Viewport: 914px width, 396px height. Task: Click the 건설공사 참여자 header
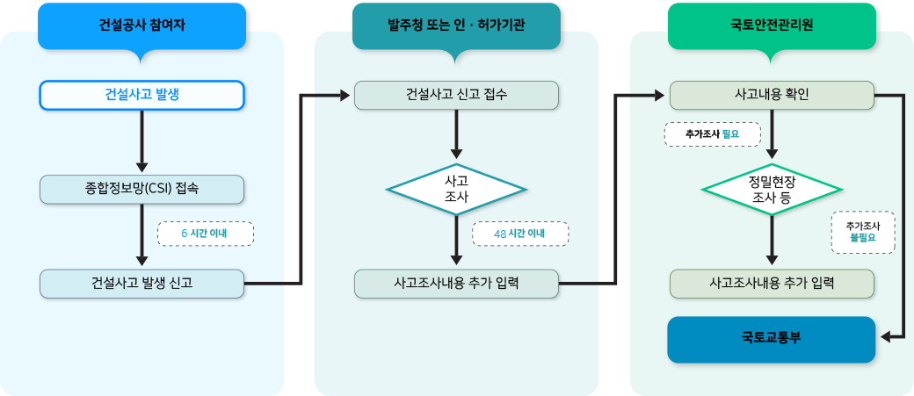(x=141, y=25)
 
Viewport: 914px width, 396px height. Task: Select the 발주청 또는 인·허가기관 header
(x=456, y=25)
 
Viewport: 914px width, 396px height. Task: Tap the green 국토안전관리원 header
(x=772, y=25)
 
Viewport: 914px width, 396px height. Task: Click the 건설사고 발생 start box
(x=141, y=95)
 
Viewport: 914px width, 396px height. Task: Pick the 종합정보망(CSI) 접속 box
(x=141, y=190)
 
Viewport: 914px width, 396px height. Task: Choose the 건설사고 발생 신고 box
(x=141, y=284)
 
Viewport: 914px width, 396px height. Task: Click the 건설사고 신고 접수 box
(x=456, y=95)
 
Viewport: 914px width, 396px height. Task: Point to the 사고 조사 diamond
(x=456, y=190)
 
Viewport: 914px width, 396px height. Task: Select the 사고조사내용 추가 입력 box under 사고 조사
(x=456, y=284)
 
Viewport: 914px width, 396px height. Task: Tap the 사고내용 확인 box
(x=772, y=95)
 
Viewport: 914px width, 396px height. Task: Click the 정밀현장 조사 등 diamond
(x=772, y=190)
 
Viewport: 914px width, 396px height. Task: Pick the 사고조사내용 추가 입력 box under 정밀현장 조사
(x=772, y=284)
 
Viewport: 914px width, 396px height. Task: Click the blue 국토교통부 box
(x=772, y=339)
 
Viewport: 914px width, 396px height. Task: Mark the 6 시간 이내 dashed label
(x=205, y=234)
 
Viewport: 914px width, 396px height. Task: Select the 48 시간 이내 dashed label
(x=519, y=234)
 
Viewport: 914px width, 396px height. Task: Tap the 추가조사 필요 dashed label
(x=712, y=134)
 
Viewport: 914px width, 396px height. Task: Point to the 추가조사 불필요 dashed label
(x=863, y=232)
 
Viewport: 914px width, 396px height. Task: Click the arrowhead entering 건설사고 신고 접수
(x=345, y=94)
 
